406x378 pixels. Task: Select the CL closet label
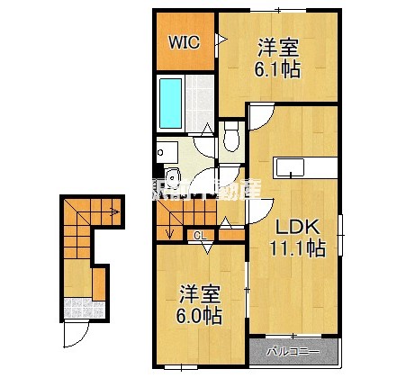click(x=200, y=236)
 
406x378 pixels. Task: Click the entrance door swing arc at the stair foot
click(x=77, y=339)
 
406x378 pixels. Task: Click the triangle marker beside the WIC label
click(x=219, y=40)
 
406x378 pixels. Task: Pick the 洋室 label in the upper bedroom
click(x=279, y=46)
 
